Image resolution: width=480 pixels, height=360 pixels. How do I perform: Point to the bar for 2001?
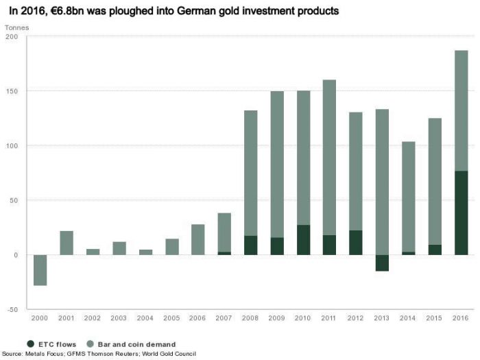click(x=67, y=243)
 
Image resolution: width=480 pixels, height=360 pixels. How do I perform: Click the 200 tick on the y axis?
click(x=12, y=36)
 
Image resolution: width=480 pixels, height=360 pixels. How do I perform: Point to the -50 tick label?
click(x=12, y=310)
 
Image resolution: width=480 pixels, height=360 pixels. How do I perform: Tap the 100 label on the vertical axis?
click(x=12, y=146)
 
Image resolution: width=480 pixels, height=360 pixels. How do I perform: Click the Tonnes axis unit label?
click(x=16, y=26)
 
